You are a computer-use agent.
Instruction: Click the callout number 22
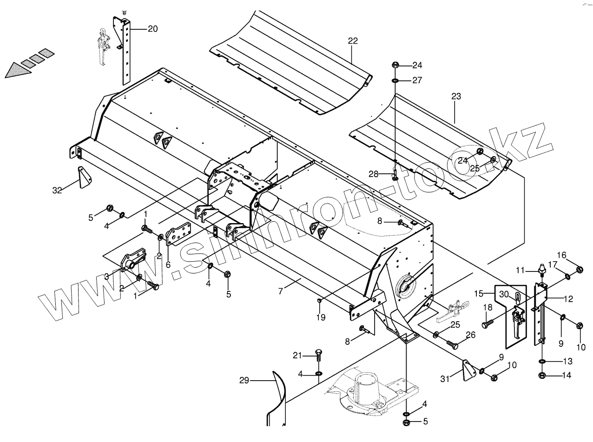tap(353, 41)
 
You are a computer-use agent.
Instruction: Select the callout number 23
tap(456, 97)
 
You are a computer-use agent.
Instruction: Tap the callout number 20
tap(153, 29)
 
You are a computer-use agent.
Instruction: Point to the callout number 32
tap(57, 190)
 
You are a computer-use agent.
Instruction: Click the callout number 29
tap(244, 381)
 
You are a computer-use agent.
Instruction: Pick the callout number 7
tap(280, 291)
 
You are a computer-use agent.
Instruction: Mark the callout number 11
tap(521, 269)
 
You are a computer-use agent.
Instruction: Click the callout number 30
tap(504, 294)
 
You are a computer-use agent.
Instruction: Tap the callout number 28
tap(374, 174)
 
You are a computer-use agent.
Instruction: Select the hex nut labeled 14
tap(542, 375)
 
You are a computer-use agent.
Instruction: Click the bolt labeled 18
tap(486, 325)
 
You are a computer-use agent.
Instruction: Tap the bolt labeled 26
tap(453, 344)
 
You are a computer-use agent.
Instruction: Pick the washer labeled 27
tap(395, 81)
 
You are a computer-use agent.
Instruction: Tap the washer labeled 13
tap(542, 361)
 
